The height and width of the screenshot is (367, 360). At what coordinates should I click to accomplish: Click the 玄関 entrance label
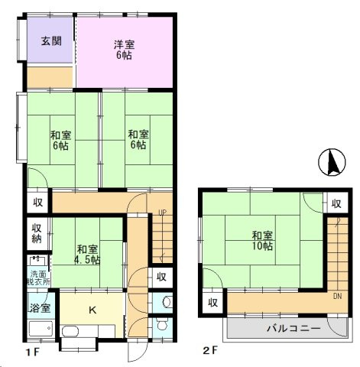pyautogui.click(x=51, y=41)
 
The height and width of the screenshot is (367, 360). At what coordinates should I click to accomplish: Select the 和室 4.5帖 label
pyautogui.click(x=87, y=254)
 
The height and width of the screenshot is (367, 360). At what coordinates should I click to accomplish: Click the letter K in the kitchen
pyautogui.click(x=92, y=310)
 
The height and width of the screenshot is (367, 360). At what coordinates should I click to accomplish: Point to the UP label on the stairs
pyautogui.click(x=161, y=212)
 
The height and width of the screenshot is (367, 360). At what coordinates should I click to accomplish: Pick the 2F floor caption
pyautogui.click(x=210, y=352)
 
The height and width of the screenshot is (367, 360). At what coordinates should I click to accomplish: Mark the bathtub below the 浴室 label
pyautogui.click(x=39, y=330)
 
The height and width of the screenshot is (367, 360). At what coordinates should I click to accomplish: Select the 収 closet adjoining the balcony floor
pyautogui.click(x=213, y=302)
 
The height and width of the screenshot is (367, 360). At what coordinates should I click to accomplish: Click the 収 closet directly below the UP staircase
pyautogui.click(x=161, y=277)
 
